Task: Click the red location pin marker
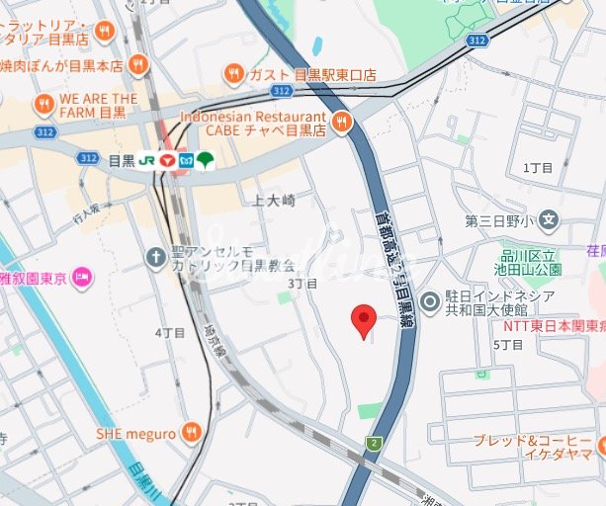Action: pyautogui.click(x=364, y=319)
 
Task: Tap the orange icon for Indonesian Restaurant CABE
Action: pyautogui.click(x=342, y=123)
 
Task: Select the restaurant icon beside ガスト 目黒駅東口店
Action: pyautogui.click(x=234, y=73)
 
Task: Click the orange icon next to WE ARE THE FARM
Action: pyautogui.click(x=43, y=105)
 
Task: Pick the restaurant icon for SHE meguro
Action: pyautogui.click(x=192, y=433)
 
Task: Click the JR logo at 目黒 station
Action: pyautogui.click(x=146, y=159)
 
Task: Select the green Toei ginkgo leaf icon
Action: pyautogui.click(x=205, y=159)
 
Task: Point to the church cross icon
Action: pyautogui.click(x=155, y=258)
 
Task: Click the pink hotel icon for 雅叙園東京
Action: pyautogui.click(x=82, y=279)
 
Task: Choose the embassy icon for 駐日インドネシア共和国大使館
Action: pyautogui.click(x=430, y=302)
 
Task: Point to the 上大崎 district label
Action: pyautogui.click(x=274, y=201)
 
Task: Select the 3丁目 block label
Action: pyautogui.click(x=303, y=284)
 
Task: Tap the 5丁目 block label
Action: pyautogui.click(x=507, y=344)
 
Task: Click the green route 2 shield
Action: pyautogui.click(x=373, y=444)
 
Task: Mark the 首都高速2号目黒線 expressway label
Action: pyautogui.click(x=396, y=261)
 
